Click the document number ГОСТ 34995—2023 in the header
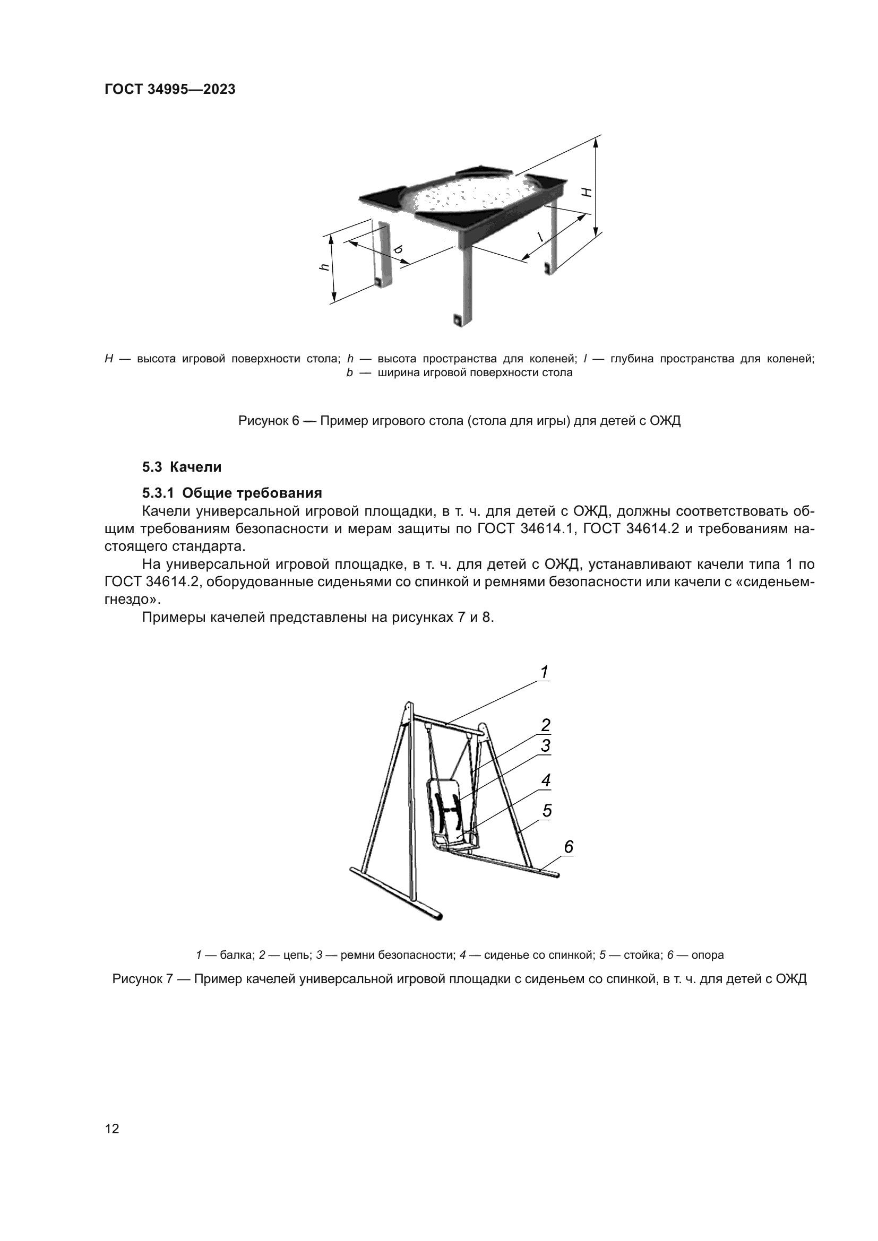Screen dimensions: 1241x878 click(170, 90)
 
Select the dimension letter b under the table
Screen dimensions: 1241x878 click(399, 250)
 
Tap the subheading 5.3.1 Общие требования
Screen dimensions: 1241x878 click(232, 493)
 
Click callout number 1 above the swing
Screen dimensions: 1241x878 click(545, 672)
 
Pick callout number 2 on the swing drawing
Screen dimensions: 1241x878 click(546, 725)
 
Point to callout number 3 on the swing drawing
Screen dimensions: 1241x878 click(546, 746)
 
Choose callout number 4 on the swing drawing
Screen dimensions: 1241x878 click(546, 780)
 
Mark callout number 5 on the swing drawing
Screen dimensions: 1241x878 click(547, 811)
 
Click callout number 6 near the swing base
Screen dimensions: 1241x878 click(568, 847)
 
